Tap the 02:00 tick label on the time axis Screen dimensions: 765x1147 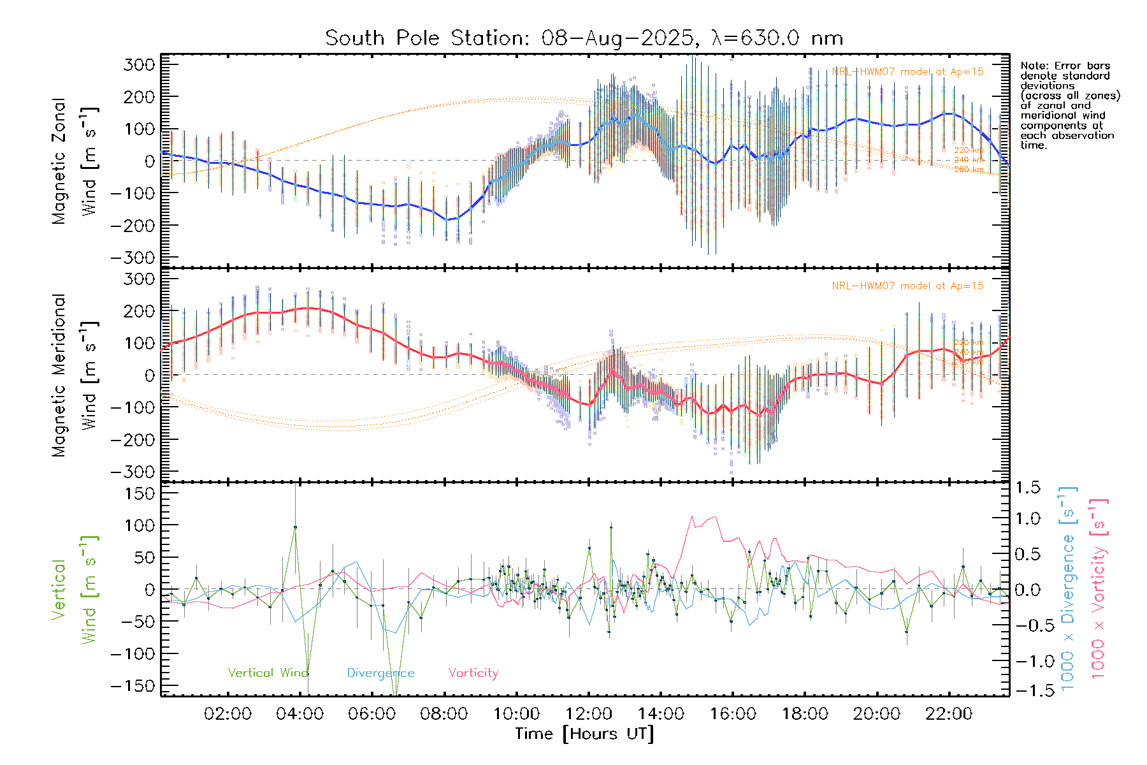(227, 714)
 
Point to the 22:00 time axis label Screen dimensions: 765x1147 (949, 714)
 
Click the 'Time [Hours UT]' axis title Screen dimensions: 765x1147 (584, 734)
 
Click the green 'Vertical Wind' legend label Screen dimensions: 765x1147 (268, 673)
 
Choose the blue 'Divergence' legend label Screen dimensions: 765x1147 (380, 673)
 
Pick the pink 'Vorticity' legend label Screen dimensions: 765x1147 (473, 673)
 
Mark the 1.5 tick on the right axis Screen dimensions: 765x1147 (1027, 488)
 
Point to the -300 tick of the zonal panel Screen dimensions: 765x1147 (133, 258)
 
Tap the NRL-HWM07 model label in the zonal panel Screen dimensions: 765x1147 (907, 72)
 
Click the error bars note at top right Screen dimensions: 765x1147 (1069, 105)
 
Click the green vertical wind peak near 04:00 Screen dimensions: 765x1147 (295, 527)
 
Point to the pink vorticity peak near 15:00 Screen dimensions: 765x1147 (693, 517)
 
